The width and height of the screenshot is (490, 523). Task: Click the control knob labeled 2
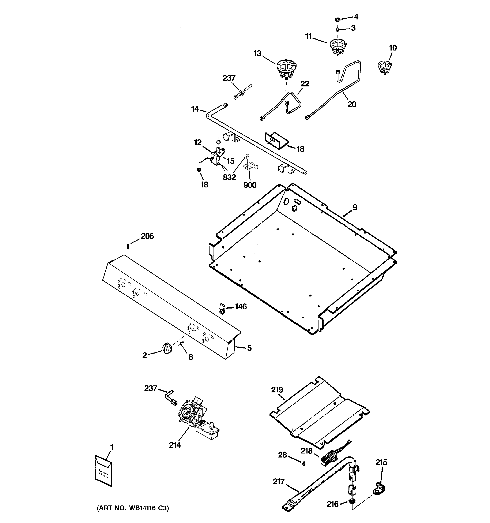(167, 349)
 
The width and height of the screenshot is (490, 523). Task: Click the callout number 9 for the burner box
(355, 208)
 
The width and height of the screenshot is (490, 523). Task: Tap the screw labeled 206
(128, 246)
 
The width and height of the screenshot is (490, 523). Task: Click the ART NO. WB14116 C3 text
(133, 508)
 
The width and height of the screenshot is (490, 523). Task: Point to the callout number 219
(277, 390)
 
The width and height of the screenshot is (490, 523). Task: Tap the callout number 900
(250, 185)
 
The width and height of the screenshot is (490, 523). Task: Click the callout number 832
(229, 177)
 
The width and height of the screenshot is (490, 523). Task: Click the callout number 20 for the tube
(352, 104)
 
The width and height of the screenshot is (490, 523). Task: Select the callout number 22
(305, 84)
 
